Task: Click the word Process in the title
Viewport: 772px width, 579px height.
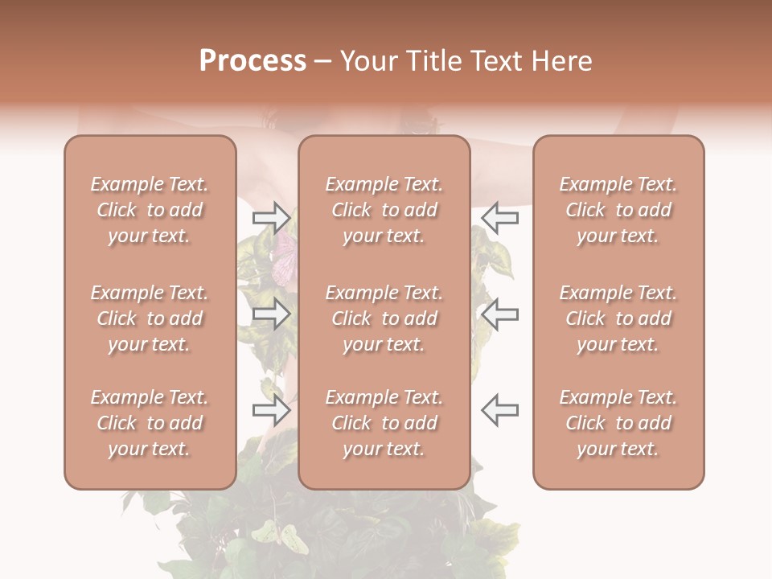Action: coord(253,61)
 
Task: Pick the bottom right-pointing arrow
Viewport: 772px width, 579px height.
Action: coord(271,410)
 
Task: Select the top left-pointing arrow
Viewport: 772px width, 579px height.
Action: coord(500,217)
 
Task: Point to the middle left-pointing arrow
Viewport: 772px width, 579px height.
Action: coord(500,314)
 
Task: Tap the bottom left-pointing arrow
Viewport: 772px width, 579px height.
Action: coord(500,410)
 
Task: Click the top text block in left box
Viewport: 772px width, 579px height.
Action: coord(150,210)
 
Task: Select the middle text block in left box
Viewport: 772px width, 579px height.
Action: coord(150,318)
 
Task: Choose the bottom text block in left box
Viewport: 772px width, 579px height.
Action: coord(150,423)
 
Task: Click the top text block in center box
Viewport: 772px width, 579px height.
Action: coord(384,210)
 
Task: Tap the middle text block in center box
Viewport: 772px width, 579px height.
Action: coord(384,318)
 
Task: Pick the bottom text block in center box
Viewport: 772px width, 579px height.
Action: coord(384,423)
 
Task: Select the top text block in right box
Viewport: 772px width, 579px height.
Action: coord(618,210)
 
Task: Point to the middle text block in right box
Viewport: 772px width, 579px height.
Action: coord(618,318)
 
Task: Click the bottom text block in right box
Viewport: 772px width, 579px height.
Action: coord(618,423)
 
